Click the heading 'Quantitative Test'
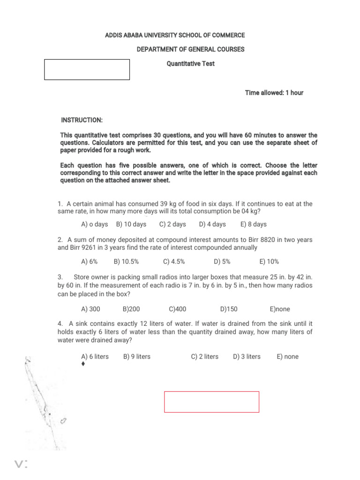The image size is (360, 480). (191, 64)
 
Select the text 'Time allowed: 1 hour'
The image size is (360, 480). (274, 93)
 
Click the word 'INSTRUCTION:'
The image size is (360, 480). (82, 120)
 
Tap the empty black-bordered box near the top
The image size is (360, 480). (87, 69)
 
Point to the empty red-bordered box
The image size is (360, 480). (211, 402)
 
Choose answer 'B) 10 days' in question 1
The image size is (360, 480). (131, 225)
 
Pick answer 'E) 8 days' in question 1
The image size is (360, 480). (253, 225)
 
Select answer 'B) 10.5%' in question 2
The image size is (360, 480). (126, 262)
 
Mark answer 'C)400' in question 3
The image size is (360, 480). (178, 309)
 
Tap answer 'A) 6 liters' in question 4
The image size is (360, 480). (95, 357)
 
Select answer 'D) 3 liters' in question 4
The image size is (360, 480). (247, 357)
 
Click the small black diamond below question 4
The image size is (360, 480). (83, 364)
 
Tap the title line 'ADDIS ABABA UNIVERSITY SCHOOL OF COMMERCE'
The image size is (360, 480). (175, 36)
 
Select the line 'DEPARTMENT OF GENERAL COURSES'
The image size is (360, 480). (190, 50)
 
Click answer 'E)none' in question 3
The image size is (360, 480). (280, 309)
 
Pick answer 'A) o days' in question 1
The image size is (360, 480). (95, 225)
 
